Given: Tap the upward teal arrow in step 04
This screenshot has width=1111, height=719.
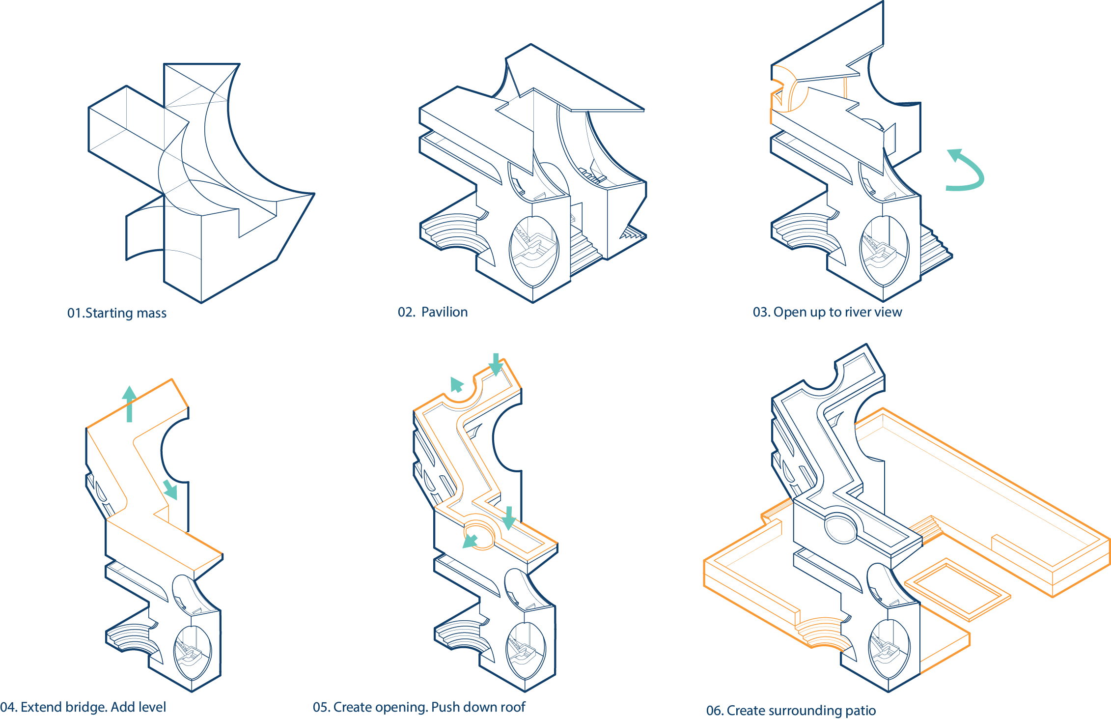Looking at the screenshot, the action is click(x=129, y=403).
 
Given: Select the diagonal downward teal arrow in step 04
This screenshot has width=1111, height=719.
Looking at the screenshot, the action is click(x=170, y=489).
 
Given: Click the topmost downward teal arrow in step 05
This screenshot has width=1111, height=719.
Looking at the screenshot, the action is click(x=496, y=364).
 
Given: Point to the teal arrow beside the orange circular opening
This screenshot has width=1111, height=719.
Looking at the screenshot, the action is click(x=470, y=541).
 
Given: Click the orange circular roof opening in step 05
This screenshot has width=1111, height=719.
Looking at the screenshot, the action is click(x=479, y=532).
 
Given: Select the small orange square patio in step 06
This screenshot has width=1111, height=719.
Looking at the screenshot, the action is click(x=957, y=590).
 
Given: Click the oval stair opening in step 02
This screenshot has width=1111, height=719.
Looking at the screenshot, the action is click(x=534, y=251).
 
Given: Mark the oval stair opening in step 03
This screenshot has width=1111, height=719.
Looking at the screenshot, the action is click(x=885, y=251).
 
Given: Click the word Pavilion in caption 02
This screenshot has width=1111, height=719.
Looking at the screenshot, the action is click(x=444, y=312).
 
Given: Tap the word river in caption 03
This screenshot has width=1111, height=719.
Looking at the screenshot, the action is click(x=858, y=312).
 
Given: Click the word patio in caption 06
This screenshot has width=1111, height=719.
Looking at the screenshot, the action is click(x=861, y=711).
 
